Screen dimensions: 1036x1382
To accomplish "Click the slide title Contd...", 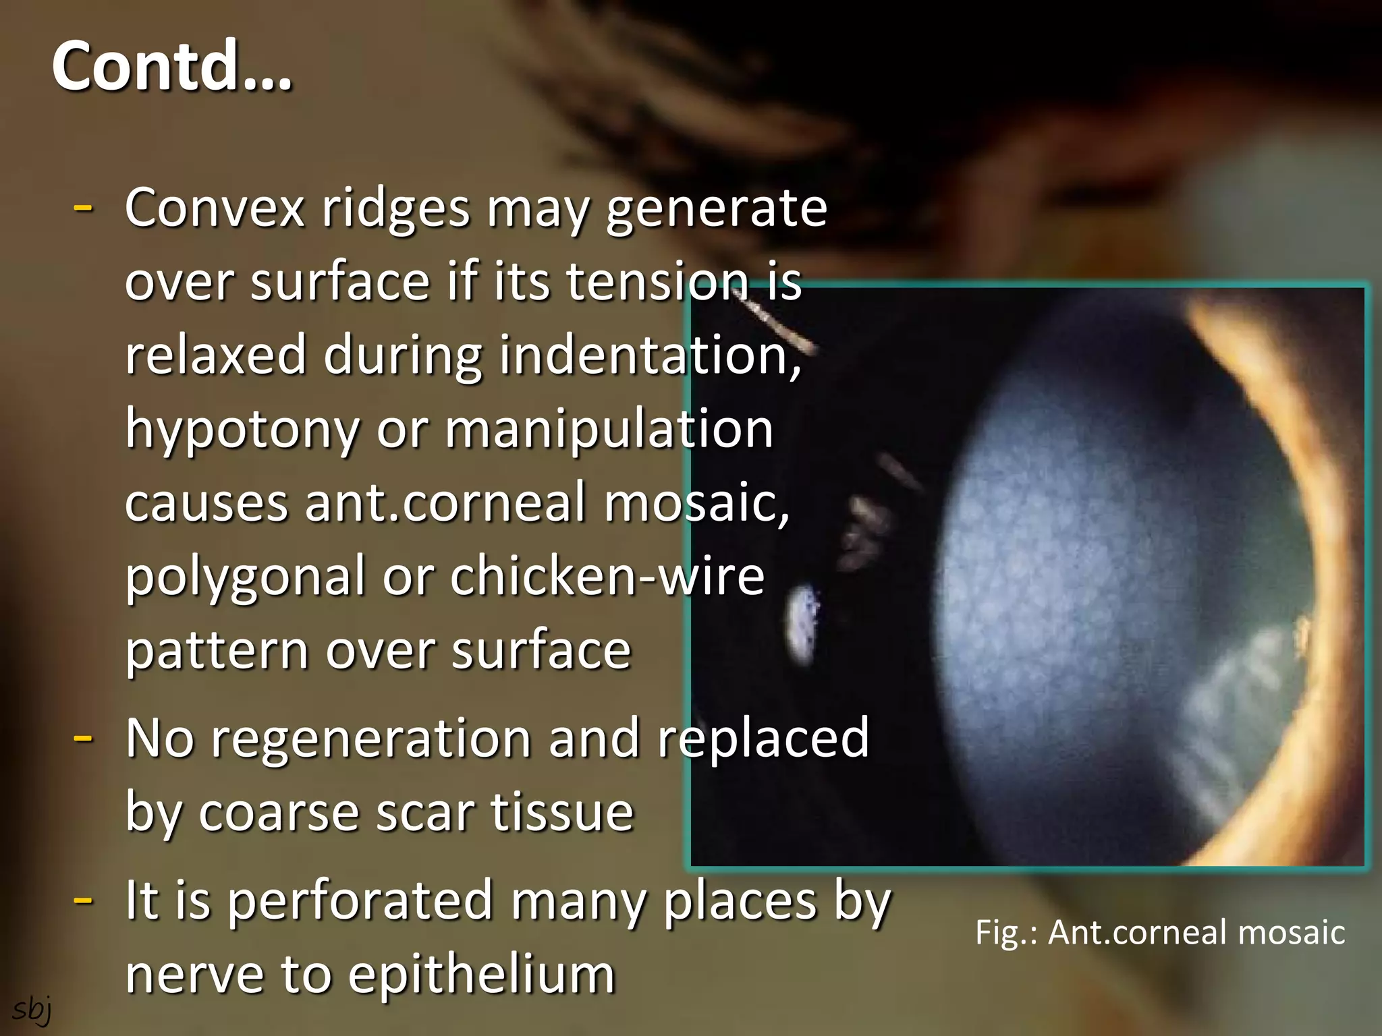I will point(171,66).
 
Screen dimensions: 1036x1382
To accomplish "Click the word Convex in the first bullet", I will point(215,208).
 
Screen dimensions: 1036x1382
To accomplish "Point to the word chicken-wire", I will point(607,577).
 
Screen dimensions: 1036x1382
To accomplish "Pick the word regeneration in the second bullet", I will point(371,738).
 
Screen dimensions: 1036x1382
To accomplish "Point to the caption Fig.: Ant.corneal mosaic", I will point(1160,932).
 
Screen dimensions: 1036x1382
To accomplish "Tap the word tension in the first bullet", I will point(657,282).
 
